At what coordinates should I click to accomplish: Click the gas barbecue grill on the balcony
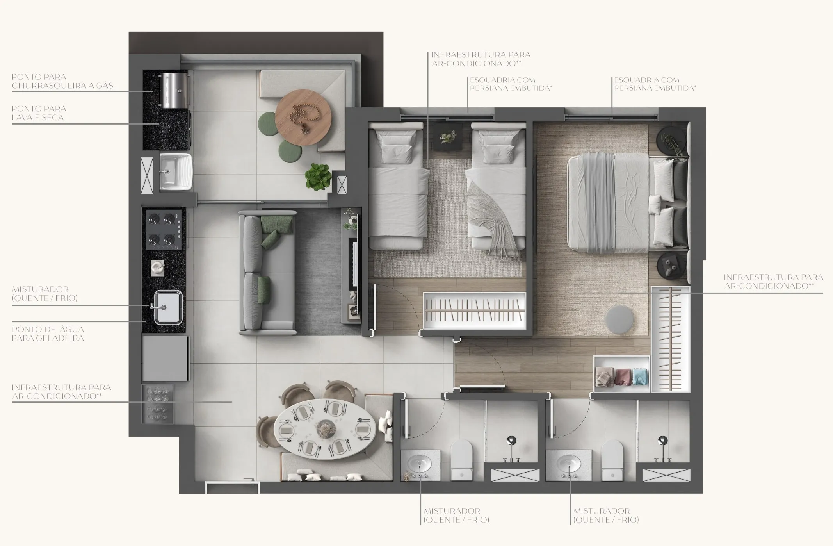[174, 90]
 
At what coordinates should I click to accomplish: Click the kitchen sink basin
[168, 307]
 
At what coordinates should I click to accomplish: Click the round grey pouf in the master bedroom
[619, 320]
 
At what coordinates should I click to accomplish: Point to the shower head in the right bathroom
[662, 441]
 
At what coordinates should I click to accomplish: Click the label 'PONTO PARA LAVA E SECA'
[38, 113]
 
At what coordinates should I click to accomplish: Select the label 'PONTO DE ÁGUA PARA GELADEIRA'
[48, 334]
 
